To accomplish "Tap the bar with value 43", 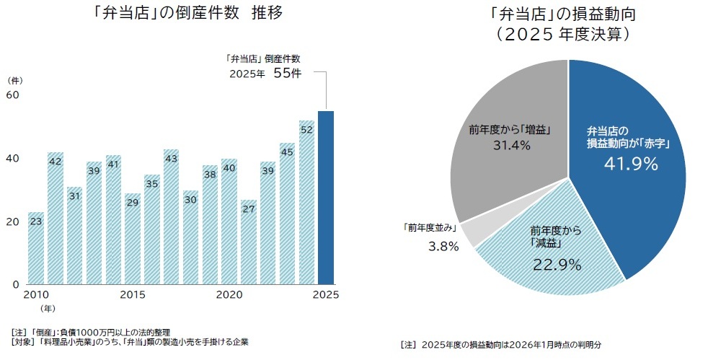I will [x=171, y=216].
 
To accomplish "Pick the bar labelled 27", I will [x=248, y=242].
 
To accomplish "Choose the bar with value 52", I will [x=306, y=202].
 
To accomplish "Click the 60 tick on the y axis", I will [x=13, y=95].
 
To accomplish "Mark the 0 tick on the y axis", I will [x=16, y=284].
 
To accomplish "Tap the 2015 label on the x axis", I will [x=133, y=295].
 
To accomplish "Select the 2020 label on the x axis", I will [x=229, y=295].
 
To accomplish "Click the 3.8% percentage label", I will [x=443, y=247].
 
